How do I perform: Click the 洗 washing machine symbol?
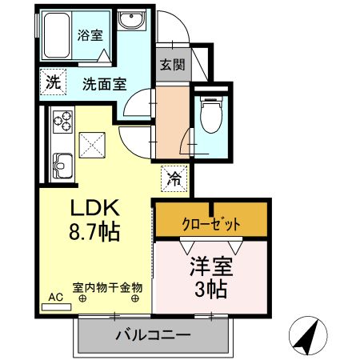pos(51,81)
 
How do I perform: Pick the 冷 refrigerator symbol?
pos(173,179)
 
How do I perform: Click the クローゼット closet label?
pos(211,224)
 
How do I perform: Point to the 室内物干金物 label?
pos(107,286)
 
